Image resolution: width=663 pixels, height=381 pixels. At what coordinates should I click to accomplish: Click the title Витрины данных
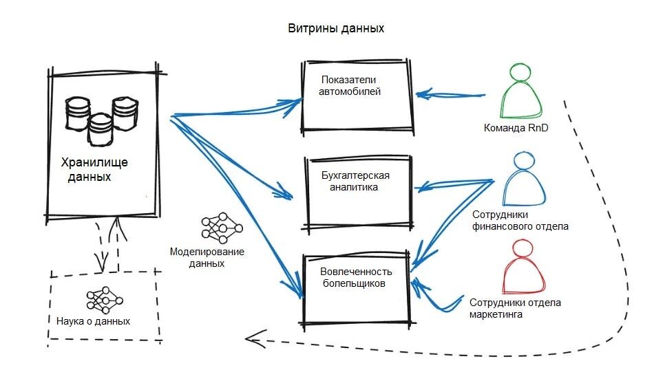(336, 28)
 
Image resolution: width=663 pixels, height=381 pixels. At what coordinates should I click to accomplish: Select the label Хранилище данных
(94, 169)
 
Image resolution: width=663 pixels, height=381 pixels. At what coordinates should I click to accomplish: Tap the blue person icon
(524, 179)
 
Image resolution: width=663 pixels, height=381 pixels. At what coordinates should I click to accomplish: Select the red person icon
(523, 267)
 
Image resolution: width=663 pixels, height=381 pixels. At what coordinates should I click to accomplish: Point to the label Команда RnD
(516, 128)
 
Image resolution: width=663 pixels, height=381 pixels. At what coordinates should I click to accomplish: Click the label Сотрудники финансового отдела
(520, 221)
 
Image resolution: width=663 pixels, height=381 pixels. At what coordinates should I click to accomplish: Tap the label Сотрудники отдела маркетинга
(515, 308)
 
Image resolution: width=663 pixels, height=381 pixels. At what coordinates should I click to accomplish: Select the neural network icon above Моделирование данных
(222, 228)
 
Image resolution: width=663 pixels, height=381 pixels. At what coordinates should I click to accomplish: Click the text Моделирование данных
(207, 258)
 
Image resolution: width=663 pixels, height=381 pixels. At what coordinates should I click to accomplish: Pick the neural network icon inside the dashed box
(105, 301)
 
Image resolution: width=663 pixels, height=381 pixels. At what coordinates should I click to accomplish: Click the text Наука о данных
(93, 321)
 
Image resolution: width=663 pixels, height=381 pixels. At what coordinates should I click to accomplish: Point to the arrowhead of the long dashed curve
(246, 338)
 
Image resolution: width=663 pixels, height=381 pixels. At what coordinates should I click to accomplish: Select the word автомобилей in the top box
(349, 91)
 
